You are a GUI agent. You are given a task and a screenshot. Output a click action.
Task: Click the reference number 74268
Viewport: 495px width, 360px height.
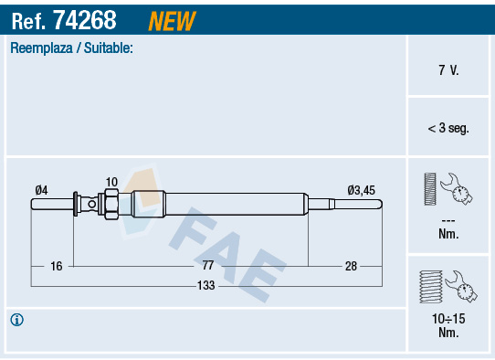[85, 20]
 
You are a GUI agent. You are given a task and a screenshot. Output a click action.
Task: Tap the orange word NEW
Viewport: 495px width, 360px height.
[172, 21]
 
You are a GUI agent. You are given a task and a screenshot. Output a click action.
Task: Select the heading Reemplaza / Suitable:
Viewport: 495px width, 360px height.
[71, 48]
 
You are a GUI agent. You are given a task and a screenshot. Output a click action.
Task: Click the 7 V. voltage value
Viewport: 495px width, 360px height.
[448, 69]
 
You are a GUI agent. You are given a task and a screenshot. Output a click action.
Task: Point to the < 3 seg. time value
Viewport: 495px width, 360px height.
[448, 128]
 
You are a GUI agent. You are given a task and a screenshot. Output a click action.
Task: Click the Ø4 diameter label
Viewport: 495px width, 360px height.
[41, 190]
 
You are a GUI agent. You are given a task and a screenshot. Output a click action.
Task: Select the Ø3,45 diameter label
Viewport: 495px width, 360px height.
[361, 190]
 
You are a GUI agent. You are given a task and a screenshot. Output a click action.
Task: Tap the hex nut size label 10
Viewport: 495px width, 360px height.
[111, 182]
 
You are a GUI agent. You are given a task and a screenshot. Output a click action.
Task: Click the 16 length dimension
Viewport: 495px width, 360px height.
[57, 266]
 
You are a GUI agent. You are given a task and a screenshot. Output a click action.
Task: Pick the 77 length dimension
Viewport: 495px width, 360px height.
[208, 265]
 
